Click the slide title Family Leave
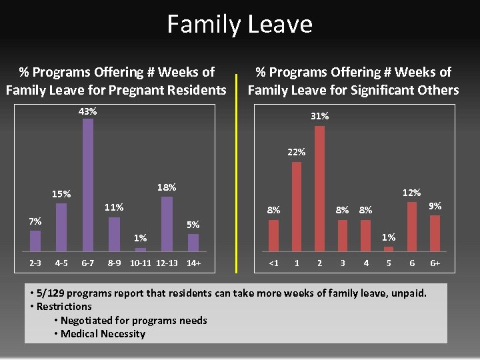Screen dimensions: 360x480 pyautogui.click(x=239, y=25)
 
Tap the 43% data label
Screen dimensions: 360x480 pyautogui.click(x=87, y=111)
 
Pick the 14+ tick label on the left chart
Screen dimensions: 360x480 pyautogui.click(x=193, y=263)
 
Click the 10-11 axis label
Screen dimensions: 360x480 pyautogui.click(x=141, y=263)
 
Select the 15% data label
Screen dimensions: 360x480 pyautogui.click(x=61, y=194)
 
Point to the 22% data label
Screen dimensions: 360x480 pyautogui.click(x=297, y=152)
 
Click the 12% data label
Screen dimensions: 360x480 pyautogui.click(x=411, y=193)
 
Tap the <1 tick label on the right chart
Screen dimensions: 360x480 pyautogui.click(x=273, y=263)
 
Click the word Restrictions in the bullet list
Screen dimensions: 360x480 pyautogui.click(x=64, y=307)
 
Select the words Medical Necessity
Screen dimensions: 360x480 pyautogui.click(x=103, y=333)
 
